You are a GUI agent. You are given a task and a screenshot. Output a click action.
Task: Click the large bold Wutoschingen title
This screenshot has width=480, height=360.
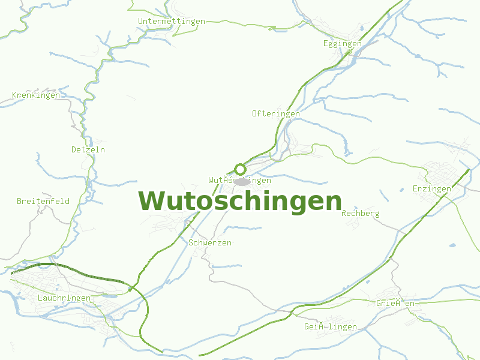240,201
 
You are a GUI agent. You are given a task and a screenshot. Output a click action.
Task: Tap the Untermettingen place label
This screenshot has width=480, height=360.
171,22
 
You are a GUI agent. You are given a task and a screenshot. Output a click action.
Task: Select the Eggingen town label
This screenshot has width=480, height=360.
342,44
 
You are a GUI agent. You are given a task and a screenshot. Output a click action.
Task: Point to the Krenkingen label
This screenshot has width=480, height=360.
36,95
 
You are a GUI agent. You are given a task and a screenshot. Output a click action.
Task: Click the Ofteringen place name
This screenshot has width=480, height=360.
275,113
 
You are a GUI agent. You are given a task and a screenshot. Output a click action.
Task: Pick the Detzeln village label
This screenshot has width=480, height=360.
88,149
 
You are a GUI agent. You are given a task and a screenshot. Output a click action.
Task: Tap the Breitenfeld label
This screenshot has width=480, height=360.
43,202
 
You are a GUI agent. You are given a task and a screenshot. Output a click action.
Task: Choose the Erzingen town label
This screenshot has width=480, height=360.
432,189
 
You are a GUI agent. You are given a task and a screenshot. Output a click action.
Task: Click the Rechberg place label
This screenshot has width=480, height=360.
360,214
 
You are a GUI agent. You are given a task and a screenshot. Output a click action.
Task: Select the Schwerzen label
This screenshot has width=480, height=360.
209,243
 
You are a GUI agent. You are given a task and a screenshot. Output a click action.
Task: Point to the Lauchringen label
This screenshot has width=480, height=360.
64,298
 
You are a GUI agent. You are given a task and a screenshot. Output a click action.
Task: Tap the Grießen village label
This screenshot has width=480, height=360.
395,304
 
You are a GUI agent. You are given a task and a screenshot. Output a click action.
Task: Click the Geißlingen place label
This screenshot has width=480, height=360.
330,327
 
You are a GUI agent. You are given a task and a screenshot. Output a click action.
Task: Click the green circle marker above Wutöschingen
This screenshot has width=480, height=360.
240,169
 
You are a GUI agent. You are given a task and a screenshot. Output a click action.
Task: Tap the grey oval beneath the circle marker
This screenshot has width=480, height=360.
242,181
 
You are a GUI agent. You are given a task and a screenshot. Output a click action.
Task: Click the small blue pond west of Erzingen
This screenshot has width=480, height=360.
401,190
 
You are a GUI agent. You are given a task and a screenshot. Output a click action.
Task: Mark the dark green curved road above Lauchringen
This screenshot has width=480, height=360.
72,270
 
